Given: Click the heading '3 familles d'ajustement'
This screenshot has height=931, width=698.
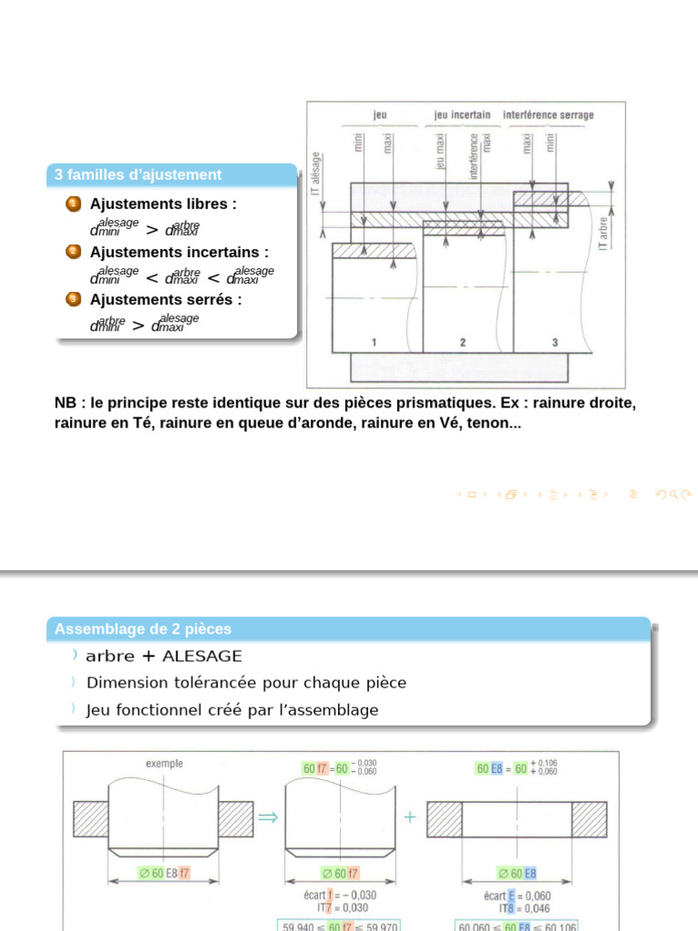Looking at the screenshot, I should point(138,175).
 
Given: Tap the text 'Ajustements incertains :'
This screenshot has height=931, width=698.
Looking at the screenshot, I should point(179,252).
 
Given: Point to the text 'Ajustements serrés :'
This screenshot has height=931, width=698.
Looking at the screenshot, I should point(165,299).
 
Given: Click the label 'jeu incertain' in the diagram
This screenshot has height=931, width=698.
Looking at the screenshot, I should point(463,115).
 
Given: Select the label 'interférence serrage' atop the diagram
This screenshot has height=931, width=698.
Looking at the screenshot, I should point(548,115).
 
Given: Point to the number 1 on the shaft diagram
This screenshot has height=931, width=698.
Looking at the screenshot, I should point(374,342).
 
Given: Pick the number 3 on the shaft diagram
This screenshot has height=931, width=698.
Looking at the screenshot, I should point(555,342).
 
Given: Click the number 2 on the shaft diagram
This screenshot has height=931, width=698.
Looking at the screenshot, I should point(463,342).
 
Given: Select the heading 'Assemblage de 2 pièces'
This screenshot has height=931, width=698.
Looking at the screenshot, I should point(144,628).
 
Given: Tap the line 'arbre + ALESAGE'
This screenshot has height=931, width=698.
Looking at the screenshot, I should point(164,656).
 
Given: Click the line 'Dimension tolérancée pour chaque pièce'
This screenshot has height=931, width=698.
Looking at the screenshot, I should point(246,683).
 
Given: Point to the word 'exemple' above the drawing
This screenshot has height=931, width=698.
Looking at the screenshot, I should point(165,764).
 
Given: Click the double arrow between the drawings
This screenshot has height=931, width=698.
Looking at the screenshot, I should point(267,817).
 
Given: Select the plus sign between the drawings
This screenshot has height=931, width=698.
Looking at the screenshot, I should point(410,817).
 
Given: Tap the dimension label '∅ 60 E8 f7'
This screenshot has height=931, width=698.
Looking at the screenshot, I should point(165,874).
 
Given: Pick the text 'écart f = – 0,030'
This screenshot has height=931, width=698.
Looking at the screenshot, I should point(340,896).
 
